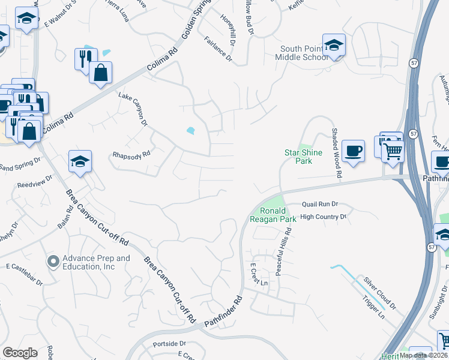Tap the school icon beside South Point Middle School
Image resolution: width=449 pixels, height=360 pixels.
tap(334, 44)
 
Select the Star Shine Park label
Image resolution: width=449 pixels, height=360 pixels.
tap(303, 157)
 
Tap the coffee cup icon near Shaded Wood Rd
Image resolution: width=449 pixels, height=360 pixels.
tap(353, 150)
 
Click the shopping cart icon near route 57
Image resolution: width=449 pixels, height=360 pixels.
tap(393, 152)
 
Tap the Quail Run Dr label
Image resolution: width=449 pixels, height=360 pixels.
tap(321, 204)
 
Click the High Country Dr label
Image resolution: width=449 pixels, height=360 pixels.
tap(324, 217)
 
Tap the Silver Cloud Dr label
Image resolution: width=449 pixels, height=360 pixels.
tap(380, 293)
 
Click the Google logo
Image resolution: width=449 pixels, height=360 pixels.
tap(19, 353)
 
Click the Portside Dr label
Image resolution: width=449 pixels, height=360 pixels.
tap(169, 344)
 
